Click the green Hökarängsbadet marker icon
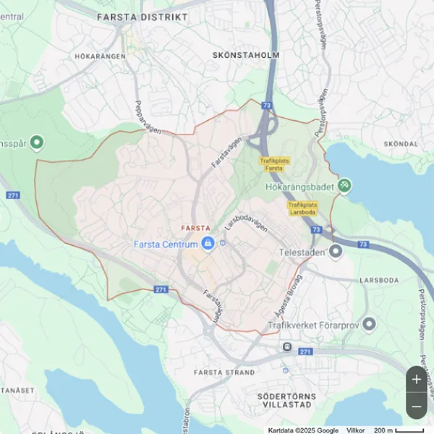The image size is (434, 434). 345,186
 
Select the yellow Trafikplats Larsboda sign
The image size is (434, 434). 302,208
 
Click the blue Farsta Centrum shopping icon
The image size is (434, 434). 208,244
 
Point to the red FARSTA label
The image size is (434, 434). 196,228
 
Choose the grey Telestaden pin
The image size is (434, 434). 335,252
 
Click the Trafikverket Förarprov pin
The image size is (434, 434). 369,323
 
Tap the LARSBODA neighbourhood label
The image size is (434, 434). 378,279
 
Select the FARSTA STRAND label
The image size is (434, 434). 225,373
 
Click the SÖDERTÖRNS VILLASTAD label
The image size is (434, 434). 287,401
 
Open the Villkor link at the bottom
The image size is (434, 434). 356,430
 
